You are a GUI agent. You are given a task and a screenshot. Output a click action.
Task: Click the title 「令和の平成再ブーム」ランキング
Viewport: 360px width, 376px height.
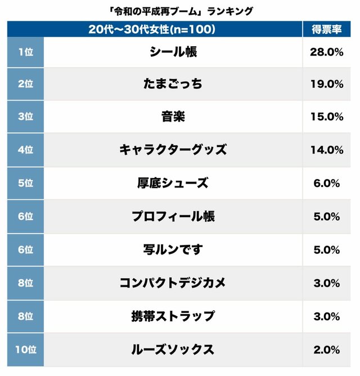[179, 11]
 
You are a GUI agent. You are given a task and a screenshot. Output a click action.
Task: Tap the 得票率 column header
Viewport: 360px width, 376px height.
[326, 30]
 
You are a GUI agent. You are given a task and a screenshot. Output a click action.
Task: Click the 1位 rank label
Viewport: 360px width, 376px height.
[25, 52]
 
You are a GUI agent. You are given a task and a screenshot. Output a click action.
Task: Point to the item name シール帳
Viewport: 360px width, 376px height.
[173, 52]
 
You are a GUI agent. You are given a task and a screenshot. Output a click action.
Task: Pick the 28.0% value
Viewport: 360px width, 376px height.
[326, 52]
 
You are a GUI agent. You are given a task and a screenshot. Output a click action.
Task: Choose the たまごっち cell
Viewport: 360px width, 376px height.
[173, 84]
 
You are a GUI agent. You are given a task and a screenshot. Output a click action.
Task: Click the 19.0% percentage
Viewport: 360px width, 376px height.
[326, 84]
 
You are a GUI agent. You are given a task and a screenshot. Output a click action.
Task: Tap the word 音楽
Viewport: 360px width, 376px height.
[173, 117]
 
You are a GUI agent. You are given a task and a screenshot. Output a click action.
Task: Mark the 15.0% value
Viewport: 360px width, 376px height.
[326, 117]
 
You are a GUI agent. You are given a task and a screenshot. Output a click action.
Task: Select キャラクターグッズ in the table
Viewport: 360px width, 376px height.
[173, 150]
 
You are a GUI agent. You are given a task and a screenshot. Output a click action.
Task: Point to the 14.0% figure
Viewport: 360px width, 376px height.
[326, 150]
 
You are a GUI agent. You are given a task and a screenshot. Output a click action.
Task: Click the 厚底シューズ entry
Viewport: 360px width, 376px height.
[173, 183]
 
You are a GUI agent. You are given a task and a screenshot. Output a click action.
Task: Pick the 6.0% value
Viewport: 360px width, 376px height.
[326, 183]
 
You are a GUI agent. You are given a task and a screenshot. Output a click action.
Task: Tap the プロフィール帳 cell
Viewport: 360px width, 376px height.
[173, 216]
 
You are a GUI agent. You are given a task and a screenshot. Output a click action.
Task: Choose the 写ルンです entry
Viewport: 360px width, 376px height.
[173, 249]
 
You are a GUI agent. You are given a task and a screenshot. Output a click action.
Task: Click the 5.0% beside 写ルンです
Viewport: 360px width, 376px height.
[326, 249]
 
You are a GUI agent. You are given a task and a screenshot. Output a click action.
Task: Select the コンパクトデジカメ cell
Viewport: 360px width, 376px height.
[173, 283]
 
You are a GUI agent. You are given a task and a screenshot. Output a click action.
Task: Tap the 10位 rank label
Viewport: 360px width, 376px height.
[25, 350]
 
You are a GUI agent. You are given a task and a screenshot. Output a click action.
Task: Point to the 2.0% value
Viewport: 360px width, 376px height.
[326, 350]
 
